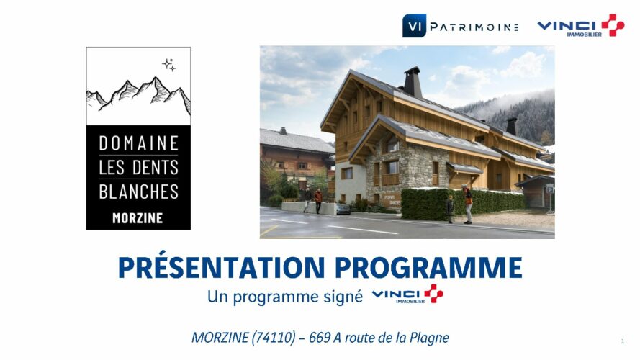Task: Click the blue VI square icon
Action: coord(414,26)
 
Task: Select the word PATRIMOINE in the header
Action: coord(474,27)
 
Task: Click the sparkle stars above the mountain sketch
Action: coord(169,65)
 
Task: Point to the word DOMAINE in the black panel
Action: coord(138,143)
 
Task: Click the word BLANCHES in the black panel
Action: coord(138,192)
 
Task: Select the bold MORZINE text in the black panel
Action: coord(138,218)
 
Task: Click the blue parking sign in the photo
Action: coord(550,189)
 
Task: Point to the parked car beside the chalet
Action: coord(343,210)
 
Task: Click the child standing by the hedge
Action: coord(450,209)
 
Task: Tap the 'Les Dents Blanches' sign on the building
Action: coord(392,200)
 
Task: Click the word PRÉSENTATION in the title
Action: coord(221,267)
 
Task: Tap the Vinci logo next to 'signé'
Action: coord(407,294)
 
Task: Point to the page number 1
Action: coord(623,341)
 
